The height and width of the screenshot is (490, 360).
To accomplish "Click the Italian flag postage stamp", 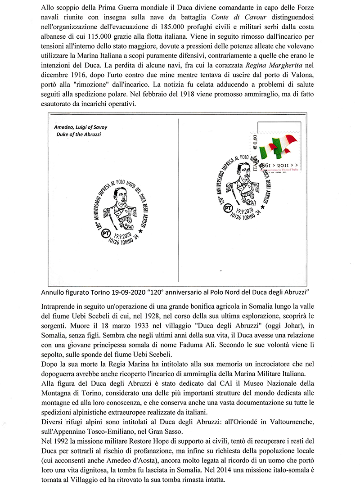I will [275, 153].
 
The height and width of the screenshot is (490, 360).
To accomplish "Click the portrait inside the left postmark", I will [119, 205].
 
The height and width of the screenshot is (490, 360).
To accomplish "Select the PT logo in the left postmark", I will [106, 234].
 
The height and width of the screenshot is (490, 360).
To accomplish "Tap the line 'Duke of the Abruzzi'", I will [79, 135].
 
